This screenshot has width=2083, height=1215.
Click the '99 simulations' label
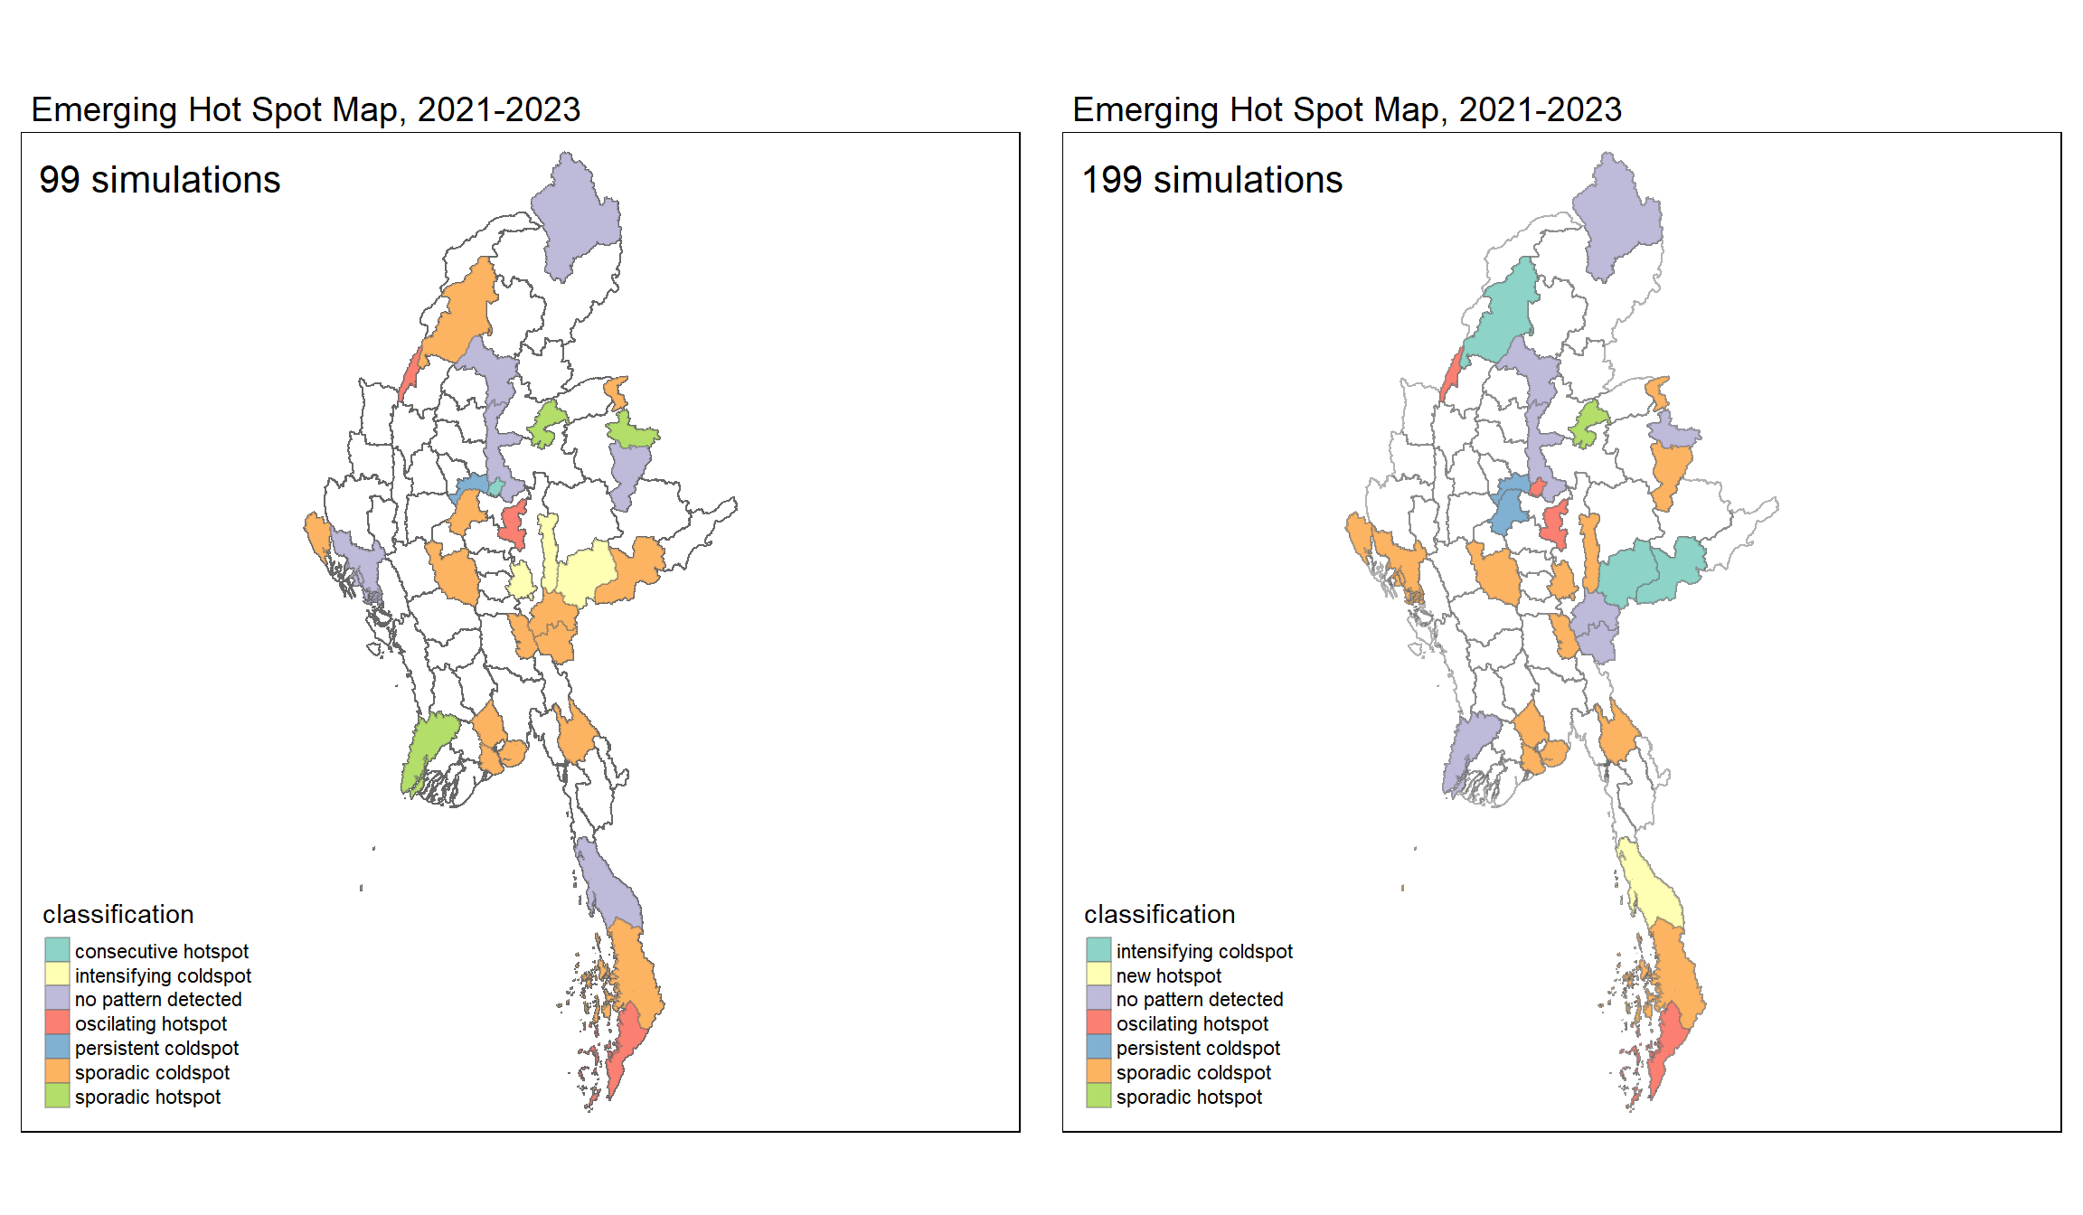pos(160,180)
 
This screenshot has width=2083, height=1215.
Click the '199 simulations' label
pos(1211,180)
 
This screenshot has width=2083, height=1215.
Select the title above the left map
pos(306,109)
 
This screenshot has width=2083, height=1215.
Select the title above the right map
pos(1347,109)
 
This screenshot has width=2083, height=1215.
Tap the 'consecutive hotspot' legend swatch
pos(57,950)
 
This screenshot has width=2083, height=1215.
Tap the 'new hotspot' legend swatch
pos(1098,975)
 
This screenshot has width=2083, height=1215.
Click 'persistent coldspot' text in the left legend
pos(156,1048)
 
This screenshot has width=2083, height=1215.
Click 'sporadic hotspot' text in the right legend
pos(1189,1097)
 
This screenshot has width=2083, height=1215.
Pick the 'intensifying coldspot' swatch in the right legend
pos(1098,950)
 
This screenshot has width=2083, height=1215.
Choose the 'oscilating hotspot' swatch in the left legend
pos(57,1023)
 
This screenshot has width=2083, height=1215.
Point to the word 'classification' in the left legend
pos(118,914)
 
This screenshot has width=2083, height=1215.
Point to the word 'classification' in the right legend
pos(1159,914)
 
